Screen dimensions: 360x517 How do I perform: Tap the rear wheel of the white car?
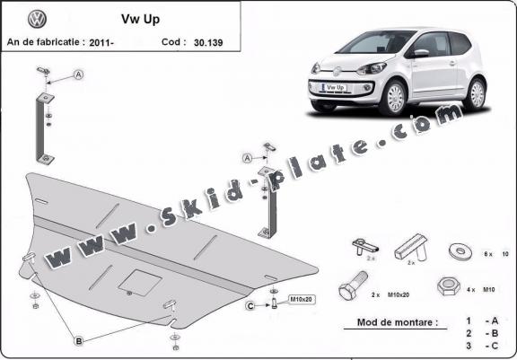pyautogui.click(x=476, y=92)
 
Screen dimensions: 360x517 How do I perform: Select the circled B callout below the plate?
pyautogui.click(x=79, y=340)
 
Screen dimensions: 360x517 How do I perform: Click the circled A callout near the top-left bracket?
pyautogui.click(x=78, y=75)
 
